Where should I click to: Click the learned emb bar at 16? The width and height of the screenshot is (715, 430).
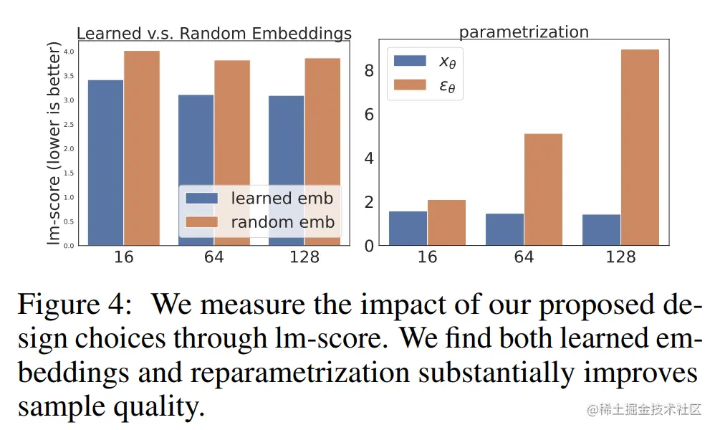point(105,162)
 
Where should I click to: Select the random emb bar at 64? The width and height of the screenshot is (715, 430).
point(231,122)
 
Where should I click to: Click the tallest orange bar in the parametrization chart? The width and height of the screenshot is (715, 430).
point(640,147)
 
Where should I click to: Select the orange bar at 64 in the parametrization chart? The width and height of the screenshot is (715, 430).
point(543,189)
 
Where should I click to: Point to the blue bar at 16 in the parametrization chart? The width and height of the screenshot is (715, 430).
point(408,228)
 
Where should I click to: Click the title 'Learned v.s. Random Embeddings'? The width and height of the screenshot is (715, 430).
point(213,34)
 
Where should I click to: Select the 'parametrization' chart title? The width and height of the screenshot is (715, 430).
point(524,32)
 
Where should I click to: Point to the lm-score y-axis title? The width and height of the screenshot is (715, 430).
point(54,143)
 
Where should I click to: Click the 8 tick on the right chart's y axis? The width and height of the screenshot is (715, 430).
point(369,70)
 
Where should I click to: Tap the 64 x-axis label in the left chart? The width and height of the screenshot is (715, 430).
point(213,257)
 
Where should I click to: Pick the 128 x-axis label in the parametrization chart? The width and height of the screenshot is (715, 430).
point(620,257)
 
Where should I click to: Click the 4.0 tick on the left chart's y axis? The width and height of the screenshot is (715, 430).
point(69,52)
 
